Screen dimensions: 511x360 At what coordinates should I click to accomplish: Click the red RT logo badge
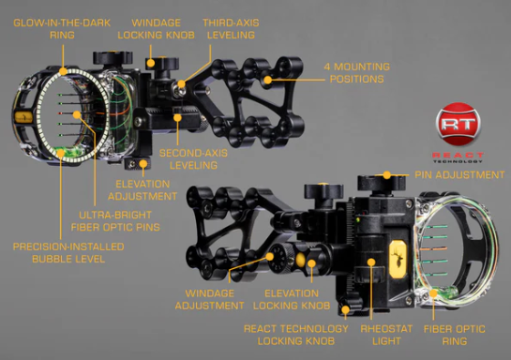point(458,124)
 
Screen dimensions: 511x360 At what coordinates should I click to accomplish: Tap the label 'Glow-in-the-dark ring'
point(62,29)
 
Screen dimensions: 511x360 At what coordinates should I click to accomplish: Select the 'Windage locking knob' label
point(156,29)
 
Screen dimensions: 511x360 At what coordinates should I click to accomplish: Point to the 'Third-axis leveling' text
point(231,29)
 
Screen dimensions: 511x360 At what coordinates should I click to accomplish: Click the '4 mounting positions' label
point(357,72)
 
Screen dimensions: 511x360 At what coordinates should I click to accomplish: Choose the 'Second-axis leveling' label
point(193,159)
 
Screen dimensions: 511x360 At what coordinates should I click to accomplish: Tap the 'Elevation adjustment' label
point(143,190)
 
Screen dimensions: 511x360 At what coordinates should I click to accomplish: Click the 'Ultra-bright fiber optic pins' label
point(115,221)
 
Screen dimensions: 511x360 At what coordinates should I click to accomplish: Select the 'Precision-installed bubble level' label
point(68,252)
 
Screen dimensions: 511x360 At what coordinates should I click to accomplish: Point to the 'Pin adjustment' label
point(459,175)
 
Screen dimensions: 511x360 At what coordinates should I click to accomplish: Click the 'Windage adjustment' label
point(209,299)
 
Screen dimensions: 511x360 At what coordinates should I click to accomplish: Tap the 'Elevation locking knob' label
point(292,299)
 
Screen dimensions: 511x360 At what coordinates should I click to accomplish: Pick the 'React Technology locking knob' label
point(296,335)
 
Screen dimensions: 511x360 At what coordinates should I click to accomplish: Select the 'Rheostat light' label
point(386,335)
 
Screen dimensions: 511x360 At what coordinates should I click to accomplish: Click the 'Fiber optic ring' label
point(455,335)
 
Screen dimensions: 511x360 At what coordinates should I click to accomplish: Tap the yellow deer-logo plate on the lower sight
point(398,260)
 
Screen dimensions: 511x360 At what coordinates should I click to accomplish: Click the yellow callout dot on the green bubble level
point(61,152)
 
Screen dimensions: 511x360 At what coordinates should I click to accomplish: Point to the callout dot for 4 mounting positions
point(267,80)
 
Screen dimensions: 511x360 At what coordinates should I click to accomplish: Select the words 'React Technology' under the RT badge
point(458,157)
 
